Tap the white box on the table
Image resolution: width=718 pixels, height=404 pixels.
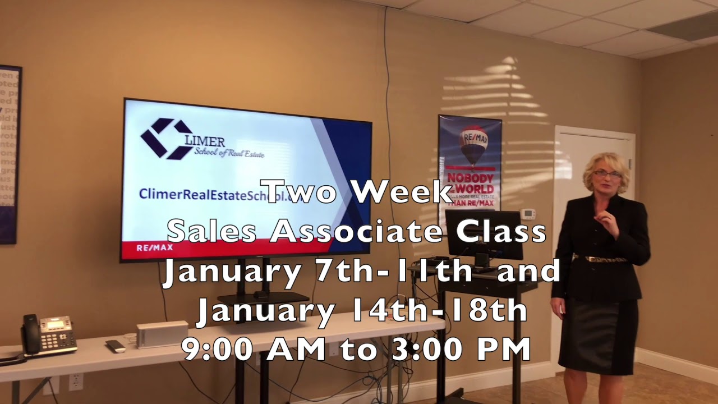pyautogui.click(x=162, y=334)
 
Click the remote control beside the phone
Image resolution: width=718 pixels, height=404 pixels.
pyautogui.click(x=116, y=346)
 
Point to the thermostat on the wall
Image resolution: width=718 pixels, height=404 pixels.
pyautogui.click(x=528, y=214)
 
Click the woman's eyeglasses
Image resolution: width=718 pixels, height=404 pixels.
pyautogui.click(x=607, y=175)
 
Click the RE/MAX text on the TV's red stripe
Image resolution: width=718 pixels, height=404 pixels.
pyautogui.click(x=155, y=247)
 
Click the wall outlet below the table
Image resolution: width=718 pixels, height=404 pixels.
pyautogui.click(x=76, y=382)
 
